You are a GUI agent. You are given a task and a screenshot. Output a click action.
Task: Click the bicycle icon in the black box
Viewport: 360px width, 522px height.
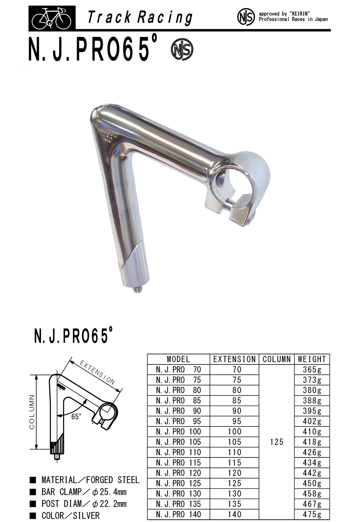[51, 18]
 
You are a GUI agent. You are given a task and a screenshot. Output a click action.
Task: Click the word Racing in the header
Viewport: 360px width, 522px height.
[165, 18]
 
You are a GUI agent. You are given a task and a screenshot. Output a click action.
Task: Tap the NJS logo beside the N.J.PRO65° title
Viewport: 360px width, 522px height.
[182, 49]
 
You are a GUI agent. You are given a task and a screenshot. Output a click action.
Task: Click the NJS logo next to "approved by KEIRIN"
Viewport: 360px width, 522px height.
[246, 17]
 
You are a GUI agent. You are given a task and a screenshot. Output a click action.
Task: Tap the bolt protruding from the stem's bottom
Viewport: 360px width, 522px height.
[137, 289]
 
